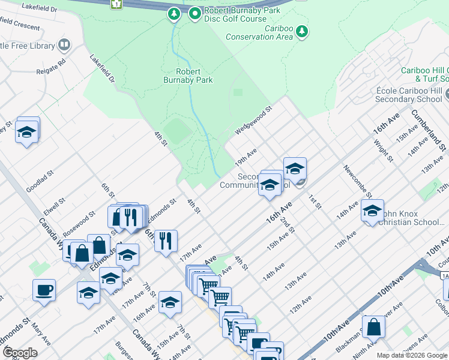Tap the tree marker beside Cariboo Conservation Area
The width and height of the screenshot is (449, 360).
(302, 31)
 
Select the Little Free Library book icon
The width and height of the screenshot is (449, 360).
(64, 45)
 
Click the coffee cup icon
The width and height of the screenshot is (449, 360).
(44, 290)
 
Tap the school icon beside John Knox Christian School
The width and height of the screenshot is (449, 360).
(372, 211)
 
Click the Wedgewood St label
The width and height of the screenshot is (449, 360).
(253, 121)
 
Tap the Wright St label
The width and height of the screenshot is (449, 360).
(383, 151)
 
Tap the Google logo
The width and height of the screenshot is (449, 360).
(20, 353)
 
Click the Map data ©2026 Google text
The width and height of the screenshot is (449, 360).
(411, 355)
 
